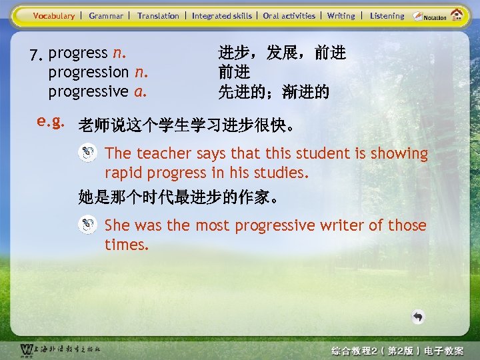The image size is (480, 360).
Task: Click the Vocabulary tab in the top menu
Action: (x=53, y=15)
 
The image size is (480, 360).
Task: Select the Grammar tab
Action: (x=106, y=15)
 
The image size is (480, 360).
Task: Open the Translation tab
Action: (x=158, y=15)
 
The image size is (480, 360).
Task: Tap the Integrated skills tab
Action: (x=222, y=15)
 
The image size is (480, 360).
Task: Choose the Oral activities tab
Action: (x=289, y=15)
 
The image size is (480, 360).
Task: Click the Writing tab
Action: (x=341, y=15)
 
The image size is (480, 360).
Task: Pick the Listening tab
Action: (x=387, y=15)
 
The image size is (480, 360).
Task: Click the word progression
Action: (x=89, y=72)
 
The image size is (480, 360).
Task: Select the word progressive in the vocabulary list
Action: (x=89, y=91)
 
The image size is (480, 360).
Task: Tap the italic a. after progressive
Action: (x=140, y=91)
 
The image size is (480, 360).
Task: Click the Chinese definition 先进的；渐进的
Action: (x=273, y=92)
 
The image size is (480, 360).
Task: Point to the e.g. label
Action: (x=51, y=122)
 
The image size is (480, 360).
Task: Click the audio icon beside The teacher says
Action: (x=87, y=153)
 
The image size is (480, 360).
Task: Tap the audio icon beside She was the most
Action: (x=87, y=225)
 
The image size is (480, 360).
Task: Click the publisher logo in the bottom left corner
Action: (x=27, y=350)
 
